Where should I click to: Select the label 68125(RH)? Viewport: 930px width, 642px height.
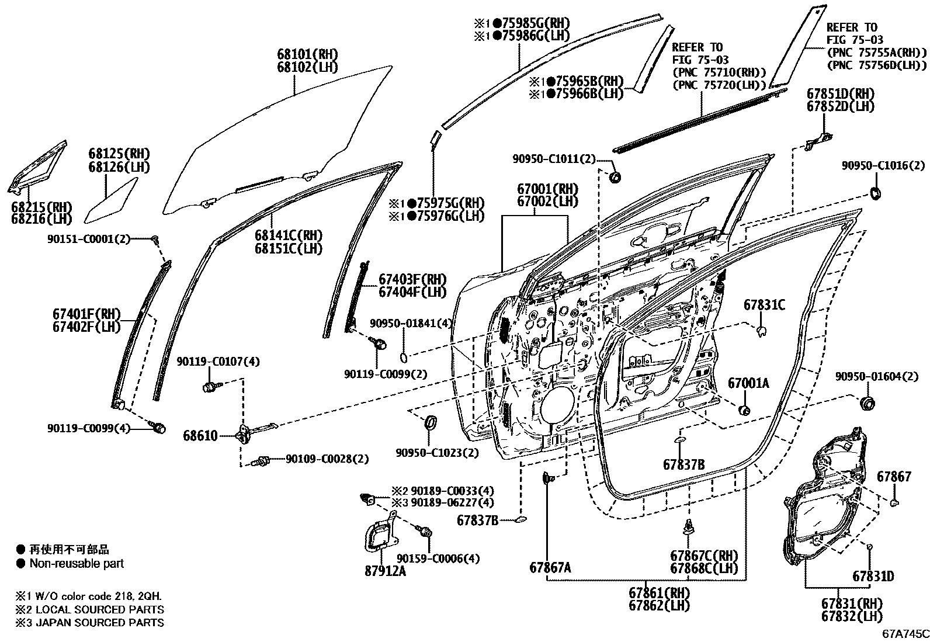point(119,154)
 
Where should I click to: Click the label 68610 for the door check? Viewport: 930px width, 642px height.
point(200,436)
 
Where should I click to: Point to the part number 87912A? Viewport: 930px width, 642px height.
point(385,571)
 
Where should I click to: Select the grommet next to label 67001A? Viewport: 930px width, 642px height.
point(745,410)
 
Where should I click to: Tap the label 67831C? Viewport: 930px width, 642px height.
point(764,305)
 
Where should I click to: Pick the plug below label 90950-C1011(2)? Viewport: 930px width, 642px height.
point(615,177)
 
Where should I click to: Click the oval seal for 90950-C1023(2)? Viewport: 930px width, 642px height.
point(431,422)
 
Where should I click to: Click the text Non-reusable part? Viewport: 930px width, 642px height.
point(77,564)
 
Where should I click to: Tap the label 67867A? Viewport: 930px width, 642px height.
point(550,567)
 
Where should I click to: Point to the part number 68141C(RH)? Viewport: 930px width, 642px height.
point(289,235)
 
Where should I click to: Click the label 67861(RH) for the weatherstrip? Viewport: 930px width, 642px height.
point(659,592)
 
